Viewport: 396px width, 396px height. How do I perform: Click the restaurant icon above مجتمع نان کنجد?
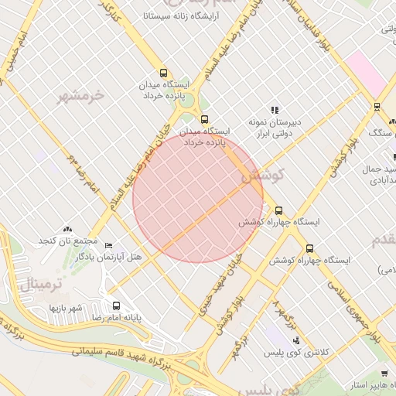coord(67,230)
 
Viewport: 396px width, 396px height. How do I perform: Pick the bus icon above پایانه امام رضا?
coord(117,306)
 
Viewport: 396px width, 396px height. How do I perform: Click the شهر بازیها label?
coord(67,309)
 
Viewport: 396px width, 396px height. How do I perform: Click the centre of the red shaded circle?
coord(198,198)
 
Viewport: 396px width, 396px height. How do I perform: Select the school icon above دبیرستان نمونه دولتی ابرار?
coord(273,111)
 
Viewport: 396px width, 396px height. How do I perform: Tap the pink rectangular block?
coord(366,73)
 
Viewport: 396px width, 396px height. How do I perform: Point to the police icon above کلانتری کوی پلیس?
coord(295,340)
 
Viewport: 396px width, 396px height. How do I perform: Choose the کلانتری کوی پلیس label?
coord(302,352)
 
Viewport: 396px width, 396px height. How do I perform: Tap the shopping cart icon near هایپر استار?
coord(384,374)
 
